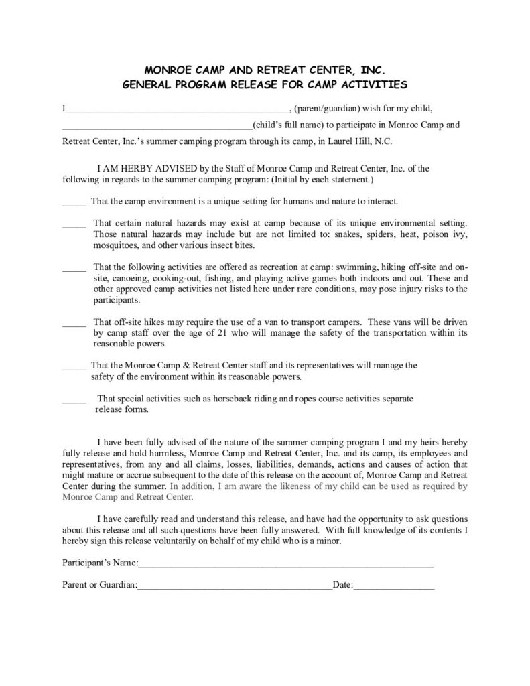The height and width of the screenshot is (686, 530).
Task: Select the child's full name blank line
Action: [157, 126]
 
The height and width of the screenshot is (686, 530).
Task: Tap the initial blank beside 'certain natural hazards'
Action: [74, 224]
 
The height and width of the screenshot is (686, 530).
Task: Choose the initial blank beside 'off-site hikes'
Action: [74, 323]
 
